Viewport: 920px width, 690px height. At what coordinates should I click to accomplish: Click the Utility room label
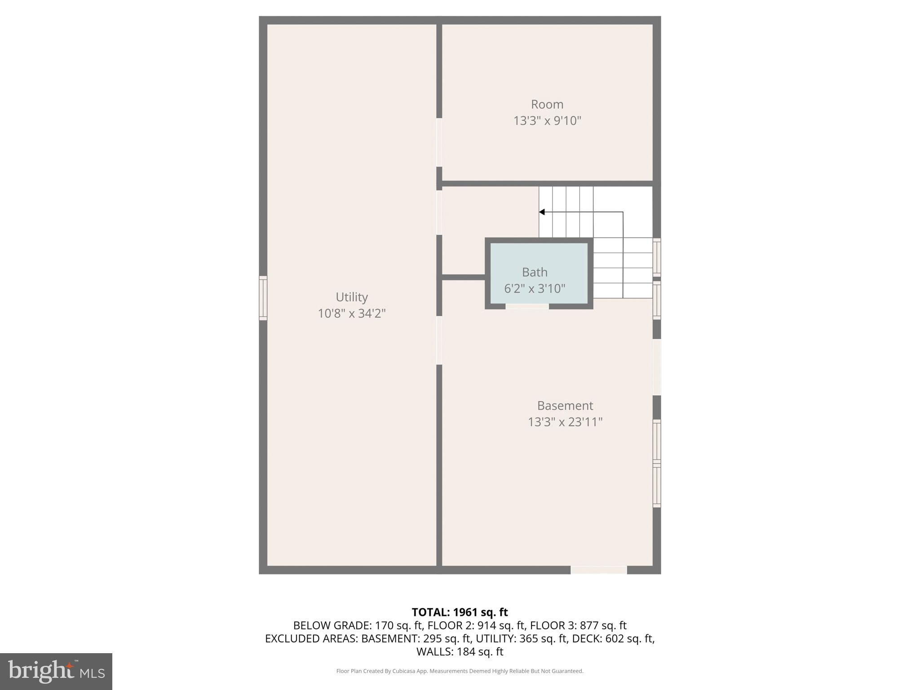click(x=352, y=297)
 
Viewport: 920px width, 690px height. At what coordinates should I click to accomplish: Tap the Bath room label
click(x=535, y=272)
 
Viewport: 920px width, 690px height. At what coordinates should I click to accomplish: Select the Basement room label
click(x=565, y=406)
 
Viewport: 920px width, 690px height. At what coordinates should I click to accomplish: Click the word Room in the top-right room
click(x=547, y=104)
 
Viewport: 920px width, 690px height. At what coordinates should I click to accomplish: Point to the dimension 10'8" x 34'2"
click(x=352, y=313)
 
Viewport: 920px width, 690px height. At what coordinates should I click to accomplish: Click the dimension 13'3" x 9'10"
click(x=547, y=121)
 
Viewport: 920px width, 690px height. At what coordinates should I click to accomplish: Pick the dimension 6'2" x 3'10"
click(x=535, y=288)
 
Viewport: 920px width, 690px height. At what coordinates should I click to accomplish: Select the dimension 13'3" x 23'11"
click(x=565, y=422)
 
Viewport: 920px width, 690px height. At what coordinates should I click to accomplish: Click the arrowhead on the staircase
click(x=542, y=212)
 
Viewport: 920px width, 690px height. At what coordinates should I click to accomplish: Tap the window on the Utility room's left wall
click(x=263, y=298)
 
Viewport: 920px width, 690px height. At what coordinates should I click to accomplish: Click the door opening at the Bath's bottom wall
click(x=527, y=306)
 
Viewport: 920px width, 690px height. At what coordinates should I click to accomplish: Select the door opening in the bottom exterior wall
click(x=599, y=570)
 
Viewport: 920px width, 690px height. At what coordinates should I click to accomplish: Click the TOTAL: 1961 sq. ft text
click(x=460, y=612)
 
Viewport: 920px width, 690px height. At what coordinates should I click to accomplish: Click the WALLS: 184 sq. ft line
click(x=460, y=651)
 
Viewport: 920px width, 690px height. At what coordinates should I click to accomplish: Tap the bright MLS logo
click(x=56, y=672)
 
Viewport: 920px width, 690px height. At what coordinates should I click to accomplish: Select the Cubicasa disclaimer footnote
click(x=460, y=671)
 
